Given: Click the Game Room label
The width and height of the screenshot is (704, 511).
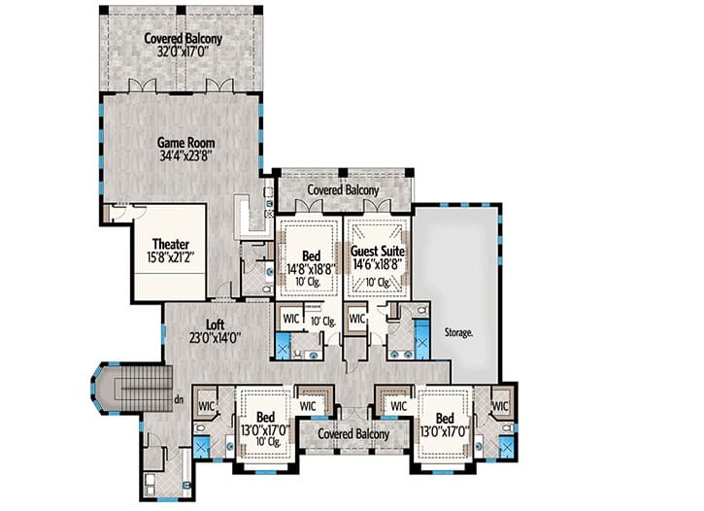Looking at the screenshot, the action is (185, 143).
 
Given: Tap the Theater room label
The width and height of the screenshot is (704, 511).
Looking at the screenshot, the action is (171, 244).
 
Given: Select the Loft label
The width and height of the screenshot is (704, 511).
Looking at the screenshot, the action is (215, 324).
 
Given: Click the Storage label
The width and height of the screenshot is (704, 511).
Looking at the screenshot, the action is (458, 333).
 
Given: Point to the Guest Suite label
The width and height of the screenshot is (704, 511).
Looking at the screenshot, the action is (377, 251).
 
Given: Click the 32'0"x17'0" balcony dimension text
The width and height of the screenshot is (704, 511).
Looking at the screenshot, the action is (184, 51).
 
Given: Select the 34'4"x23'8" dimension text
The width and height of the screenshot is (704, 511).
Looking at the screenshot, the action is (185, 155).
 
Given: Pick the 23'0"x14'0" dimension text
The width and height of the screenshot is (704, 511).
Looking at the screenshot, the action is (216, 337).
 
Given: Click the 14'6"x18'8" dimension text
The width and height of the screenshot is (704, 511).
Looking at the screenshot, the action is (377, 264).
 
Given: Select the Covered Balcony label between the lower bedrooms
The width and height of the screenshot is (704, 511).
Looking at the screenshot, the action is (353, 433).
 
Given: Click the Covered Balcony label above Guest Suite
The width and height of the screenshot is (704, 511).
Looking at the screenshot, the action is (343, 190).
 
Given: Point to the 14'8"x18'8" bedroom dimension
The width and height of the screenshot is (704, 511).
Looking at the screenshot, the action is (311, 269).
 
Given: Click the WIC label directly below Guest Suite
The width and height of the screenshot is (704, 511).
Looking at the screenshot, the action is (357, 319).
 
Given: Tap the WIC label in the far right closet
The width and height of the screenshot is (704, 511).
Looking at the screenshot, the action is (500, 406).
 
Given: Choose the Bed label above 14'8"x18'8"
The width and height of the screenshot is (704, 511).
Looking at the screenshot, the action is (311, 255).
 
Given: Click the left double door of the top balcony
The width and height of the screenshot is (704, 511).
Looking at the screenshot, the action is (143, 85).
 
